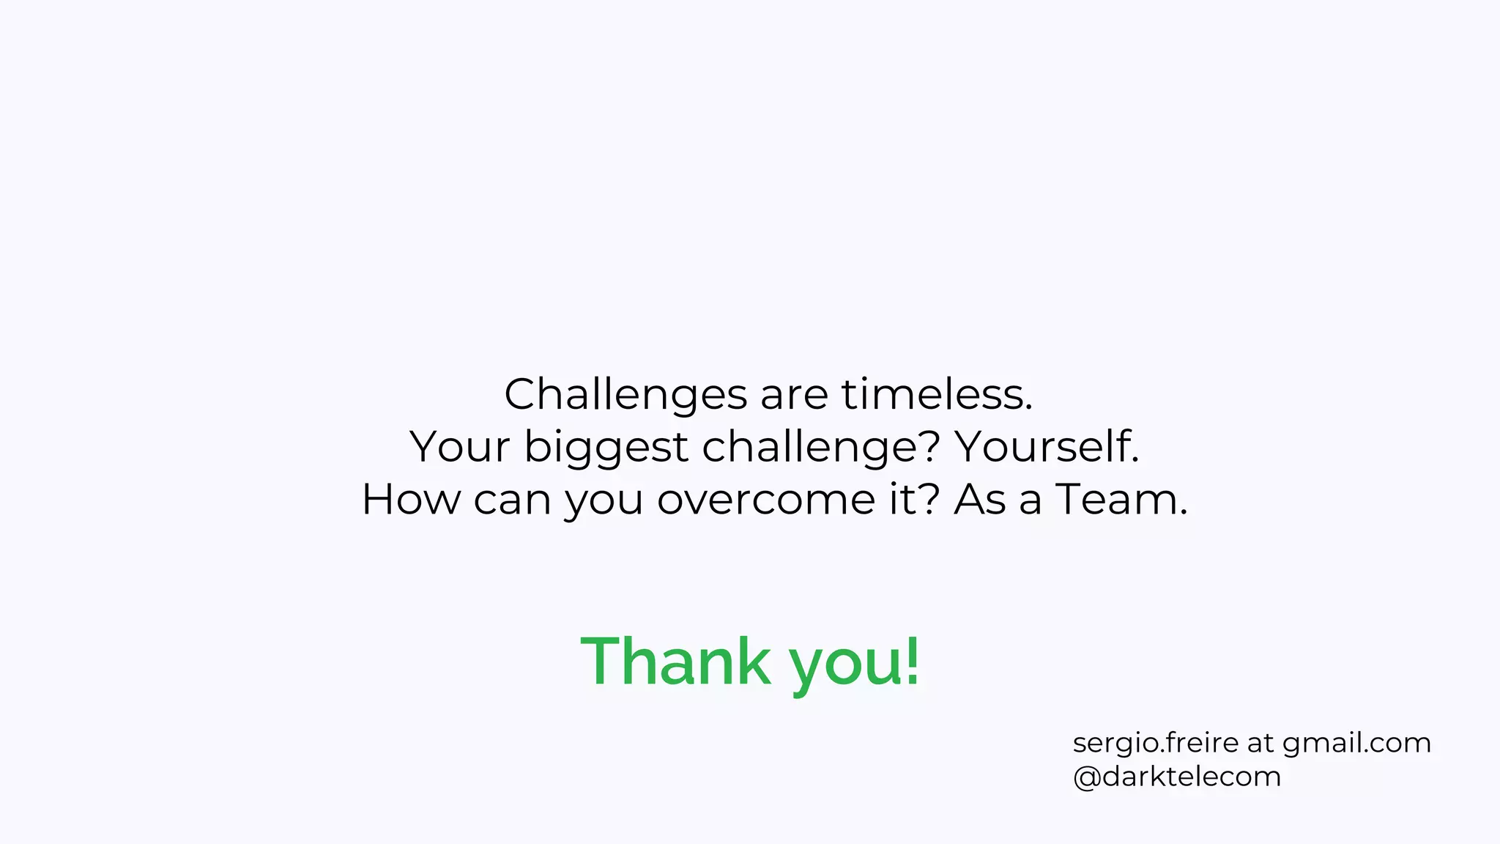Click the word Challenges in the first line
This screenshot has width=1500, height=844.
(x=625, y=395)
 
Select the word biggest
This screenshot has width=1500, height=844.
(x=606, y=448)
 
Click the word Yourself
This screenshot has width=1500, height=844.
(x=1047, y=446)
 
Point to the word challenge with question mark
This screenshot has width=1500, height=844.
(x=820, y=448)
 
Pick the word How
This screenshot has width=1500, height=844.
(x=411, y=500)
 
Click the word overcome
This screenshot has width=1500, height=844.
(x=766, y=500)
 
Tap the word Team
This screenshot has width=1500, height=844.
(x=1121, y=500)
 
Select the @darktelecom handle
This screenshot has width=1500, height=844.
(x=1177, y=777)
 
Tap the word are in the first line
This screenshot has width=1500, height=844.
(x=794, y=395)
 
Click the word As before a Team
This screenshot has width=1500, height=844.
(x=979, y=500)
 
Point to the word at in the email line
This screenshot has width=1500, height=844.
(x=1260, y=743)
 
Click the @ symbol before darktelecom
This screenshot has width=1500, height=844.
(x=1086, y=777)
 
